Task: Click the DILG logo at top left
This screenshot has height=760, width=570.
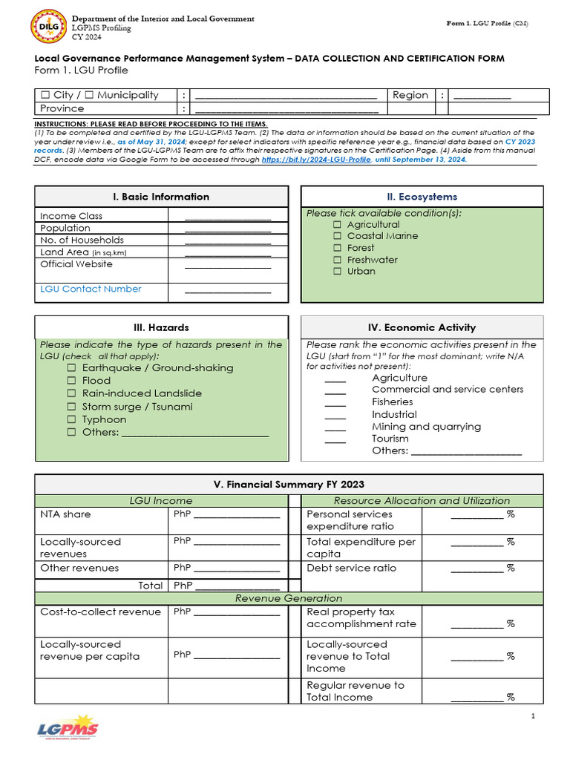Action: coord(48,28)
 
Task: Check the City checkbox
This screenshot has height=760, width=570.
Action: coord(45,95)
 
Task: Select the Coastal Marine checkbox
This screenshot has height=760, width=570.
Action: coord(337,236)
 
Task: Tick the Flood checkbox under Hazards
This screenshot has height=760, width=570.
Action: coord(72,381)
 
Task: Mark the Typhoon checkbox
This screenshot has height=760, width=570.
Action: coord(72,420)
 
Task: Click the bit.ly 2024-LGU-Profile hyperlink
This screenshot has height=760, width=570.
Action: coord(316,160)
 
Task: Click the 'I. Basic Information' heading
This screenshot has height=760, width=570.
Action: coord(161,197)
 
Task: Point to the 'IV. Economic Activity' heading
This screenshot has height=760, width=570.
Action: coord(422,327)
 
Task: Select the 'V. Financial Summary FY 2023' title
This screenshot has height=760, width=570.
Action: coord(289,485)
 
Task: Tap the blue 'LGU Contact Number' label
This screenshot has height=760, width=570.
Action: coord(91,289)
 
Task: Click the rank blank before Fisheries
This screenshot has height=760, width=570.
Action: coord(335,404)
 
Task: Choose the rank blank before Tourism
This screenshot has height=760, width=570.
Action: coord(335,441)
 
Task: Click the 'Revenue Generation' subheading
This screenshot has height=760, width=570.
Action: coord(289,598)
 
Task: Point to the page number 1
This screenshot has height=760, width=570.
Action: coord(533,715)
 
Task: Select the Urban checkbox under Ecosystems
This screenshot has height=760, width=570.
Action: coord(337,272)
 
